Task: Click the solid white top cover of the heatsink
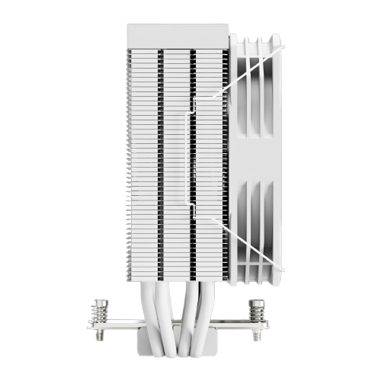click(x=177, y=37)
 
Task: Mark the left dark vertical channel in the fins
click(x=160, y=152)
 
